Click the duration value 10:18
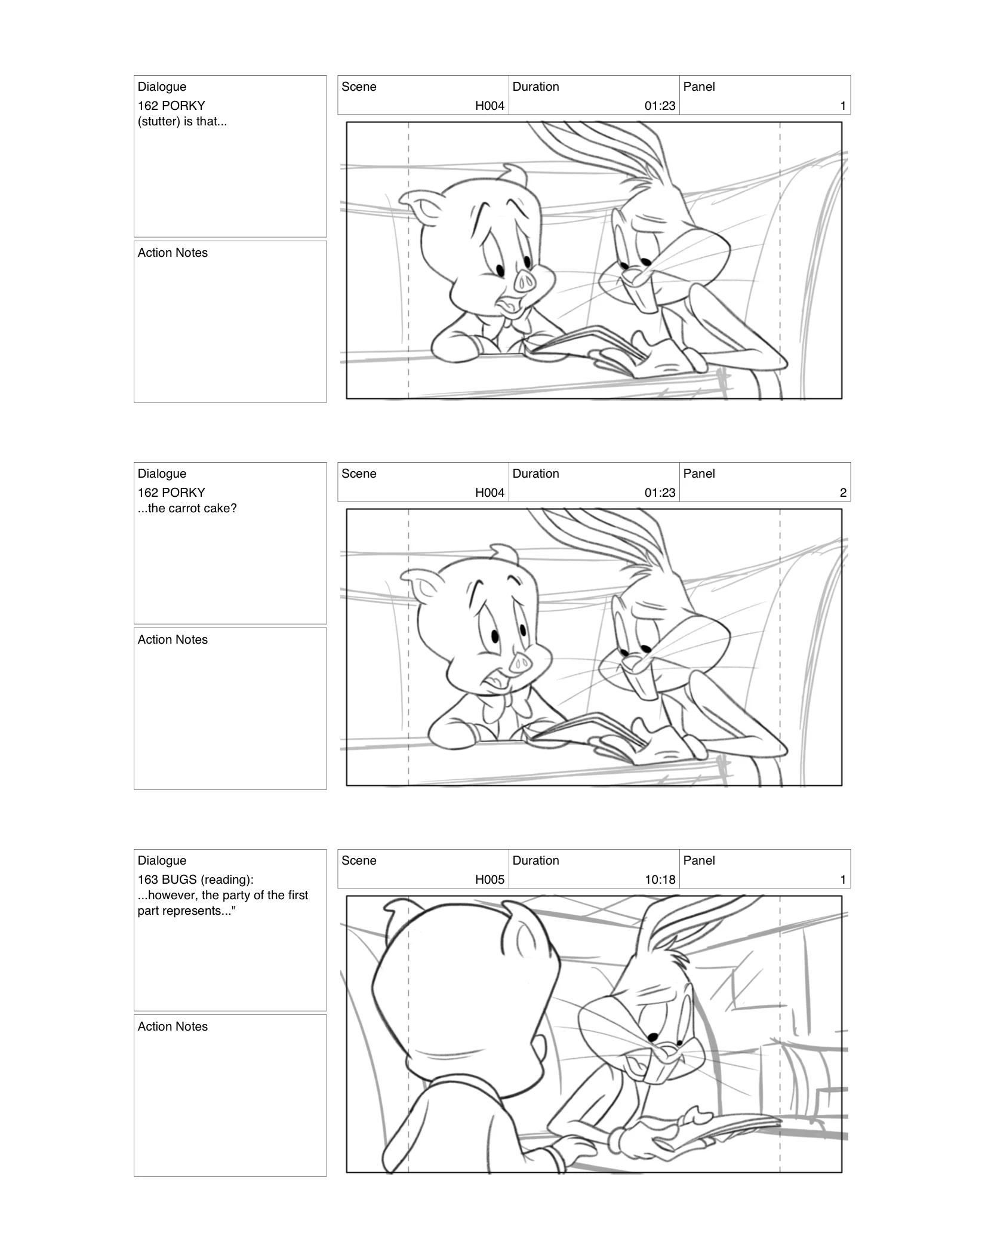[660, 880]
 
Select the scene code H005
[490, 880]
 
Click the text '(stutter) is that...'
[182, 121]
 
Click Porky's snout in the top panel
[526, 280]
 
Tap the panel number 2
[843, 493]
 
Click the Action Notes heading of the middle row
[173, 639]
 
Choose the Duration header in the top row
[535, 87]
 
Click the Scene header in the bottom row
[359, 860]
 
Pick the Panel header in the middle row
[698, 474]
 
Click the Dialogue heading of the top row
[162, 87]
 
